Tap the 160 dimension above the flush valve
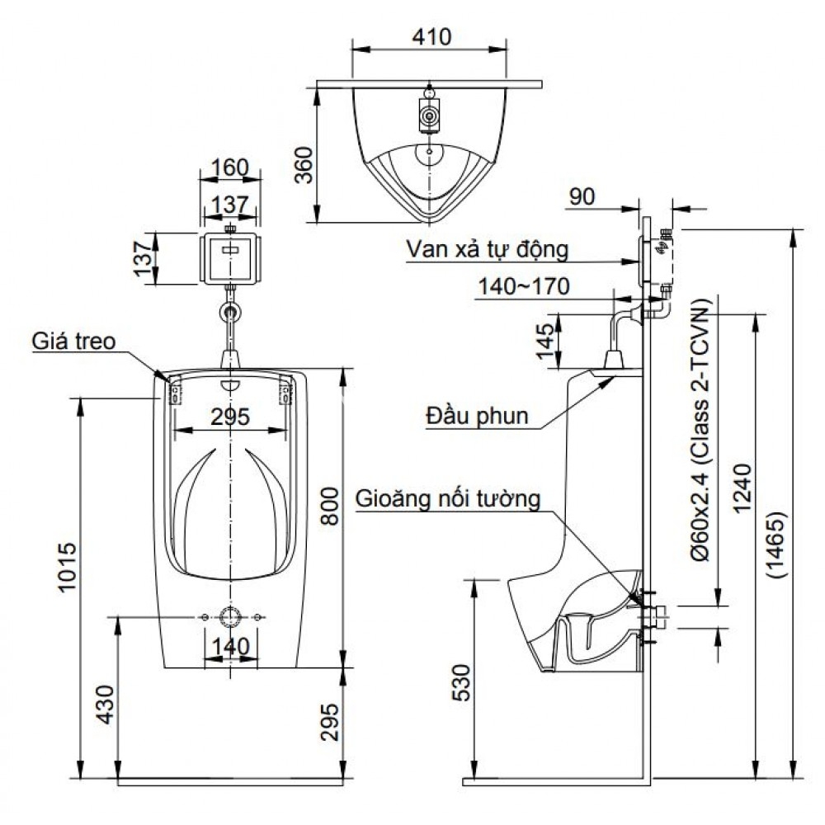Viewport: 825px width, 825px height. pyautogui.click(x=229, y=167)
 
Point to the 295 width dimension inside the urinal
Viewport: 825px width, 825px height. pyautogui.click(x=229, y=417)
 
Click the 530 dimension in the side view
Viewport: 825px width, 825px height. pyautogui.click(x=464, y=681)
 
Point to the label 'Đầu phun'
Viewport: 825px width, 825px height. pyautogui.click(x=477, y=414)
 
